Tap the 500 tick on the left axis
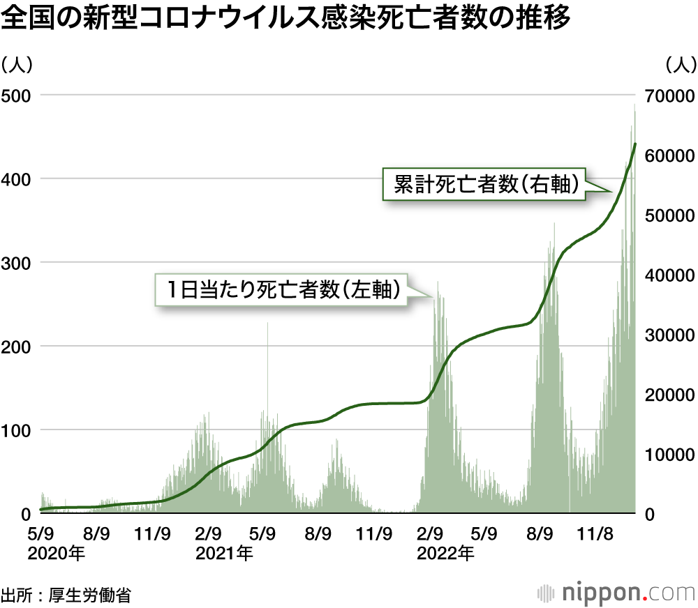click(x=16, y=95)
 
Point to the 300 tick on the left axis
click(x=16, y=262)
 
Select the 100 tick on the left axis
click(x=16, y=430)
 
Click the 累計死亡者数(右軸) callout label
click(x=486, y=185)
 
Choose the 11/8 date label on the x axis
click(x=594, y=535)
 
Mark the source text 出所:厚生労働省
click(x=66, y=595)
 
